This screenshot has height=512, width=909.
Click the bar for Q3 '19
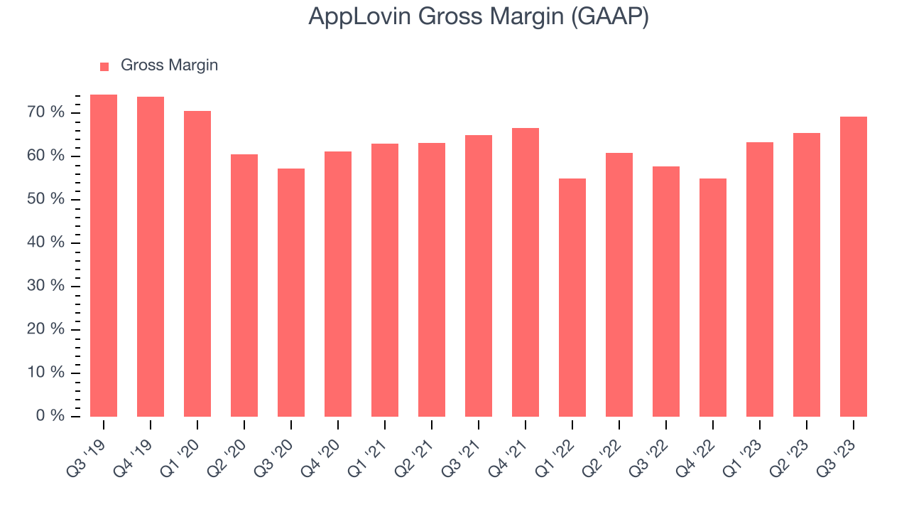pos(104,255)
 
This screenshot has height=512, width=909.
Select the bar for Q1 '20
pos(197,264)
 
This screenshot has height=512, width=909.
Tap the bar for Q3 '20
pos(291,292)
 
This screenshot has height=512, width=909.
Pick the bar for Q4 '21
pos(526,272)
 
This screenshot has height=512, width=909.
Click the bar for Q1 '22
pos(572,297)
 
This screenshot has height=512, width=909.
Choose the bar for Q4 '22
pos(713,297)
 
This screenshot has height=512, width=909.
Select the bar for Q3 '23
pos(854,267)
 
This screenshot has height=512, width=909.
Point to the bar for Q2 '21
pos(432,279)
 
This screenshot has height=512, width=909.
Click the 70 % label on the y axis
pos(47,112)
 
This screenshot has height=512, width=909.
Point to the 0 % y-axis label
pos(50,415)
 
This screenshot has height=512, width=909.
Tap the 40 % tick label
pos(47,242)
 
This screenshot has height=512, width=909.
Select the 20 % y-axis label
pos(47,329)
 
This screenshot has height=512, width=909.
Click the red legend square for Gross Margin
pos(104,66)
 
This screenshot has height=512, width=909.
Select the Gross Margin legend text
pos(169,65)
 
